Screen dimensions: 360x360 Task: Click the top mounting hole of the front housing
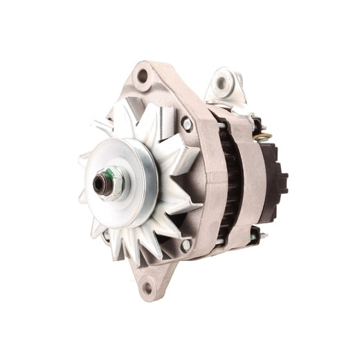143,76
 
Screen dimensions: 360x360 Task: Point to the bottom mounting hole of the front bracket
147,287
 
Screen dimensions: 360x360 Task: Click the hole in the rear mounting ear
222,83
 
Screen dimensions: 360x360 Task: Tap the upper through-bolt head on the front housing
186,124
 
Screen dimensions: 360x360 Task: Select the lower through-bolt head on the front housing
185,246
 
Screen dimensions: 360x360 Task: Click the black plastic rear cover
277,170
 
